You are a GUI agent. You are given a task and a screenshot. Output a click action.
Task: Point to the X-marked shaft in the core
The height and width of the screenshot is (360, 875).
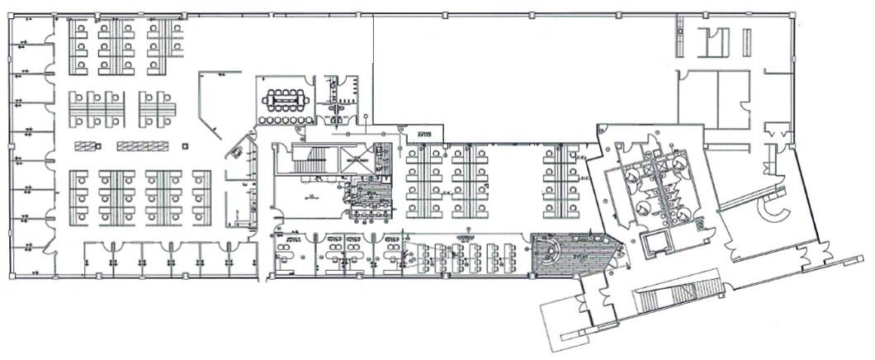pos(358,159)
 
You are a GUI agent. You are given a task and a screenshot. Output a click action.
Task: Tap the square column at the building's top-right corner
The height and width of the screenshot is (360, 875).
pos(792,17)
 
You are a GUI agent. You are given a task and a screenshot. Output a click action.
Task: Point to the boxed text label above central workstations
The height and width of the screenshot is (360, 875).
pos(423,132)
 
